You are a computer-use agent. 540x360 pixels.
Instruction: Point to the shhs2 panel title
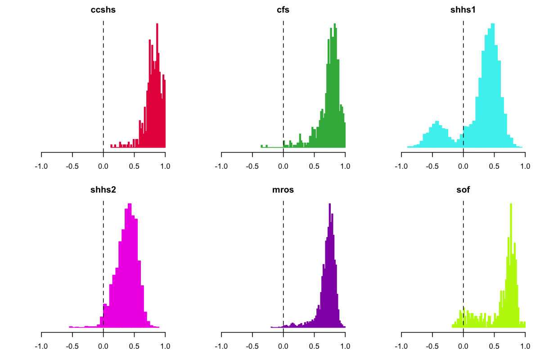[103, 190]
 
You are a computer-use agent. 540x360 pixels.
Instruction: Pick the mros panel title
[283, 190]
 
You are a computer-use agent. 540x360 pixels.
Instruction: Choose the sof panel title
[463, 190]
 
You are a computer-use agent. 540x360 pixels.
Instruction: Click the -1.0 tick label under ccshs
[41, 166]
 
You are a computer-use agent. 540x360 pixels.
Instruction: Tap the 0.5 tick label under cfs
[314, 166]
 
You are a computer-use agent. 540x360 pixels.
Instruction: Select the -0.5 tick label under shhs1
[432, 166]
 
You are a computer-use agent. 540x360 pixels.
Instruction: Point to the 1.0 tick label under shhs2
[165, 346]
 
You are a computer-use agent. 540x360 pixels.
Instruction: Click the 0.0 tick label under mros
[283, 346]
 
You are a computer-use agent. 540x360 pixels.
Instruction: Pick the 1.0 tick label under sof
[525, 346]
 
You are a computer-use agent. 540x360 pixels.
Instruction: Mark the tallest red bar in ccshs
[157, 85]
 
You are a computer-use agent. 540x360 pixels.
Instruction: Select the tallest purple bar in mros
[330, 265]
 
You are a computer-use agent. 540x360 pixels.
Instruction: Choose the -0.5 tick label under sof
[432, 346]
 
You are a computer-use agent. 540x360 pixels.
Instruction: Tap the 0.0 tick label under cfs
[283, 166]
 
